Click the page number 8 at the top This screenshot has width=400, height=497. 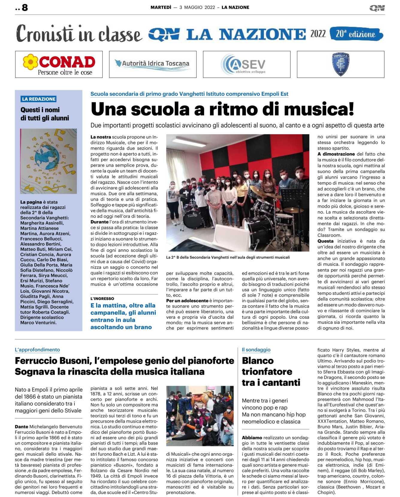coord(25,7)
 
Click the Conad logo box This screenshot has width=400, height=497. coord(59,64)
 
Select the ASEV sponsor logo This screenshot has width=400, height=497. coord(246,64)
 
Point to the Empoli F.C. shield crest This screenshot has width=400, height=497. coord(340,64)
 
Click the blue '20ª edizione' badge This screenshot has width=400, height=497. coord(356,34)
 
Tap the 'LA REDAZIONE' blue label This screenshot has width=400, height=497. coord(39,99)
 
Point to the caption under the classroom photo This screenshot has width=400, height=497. coord(228,257)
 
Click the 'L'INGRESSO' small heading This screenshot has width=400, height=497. coord(102,299)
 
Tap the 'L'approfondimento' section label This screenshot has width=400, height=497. coord(37,350)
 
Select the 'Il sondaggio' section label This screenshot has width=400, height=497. coord(256,350)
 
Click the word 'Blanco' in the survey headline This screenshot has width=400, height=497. coord(258,361)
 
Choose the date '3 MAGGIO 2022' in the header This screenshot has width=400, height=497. coord(197,7)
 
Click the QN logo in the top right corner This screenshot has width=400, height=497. coord(377,8)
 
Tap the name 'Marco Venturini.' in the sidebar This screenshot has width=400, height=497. coord(38,323)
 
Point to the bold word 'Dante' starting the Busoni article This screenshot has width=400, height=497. coord(22,427)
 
